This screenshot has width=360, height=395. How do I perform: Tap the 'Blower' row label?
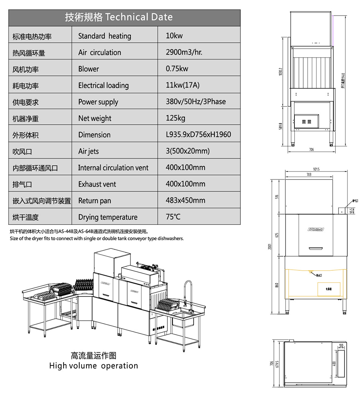coord(88,69)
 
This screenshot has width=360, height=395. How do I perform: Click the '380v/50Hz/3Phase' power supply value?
coord(196,102)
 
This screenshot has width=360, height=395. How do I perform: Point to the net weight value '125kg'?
coord(176,118)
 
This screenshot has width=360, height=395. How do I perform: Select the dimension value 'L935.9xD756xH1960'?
coord(198,135)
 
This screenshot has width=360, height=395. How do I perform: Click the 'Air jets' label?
coord(88,151)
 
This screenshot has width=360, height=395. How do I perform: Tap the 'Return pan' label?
coord(94,201)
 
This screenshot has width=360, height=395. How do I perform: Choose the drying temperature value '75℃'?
coord(173,217)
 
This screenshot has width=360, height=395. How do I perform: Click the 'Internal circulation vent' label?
coord(113,168)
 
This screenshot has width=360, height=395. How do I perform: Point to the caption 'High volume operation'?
coord(94,365)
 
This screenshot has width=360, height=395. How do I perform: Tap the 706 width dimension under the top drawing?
coord(312,150)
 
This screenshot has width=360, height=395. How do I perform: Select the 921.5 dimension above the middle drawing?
coord(315,170)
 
